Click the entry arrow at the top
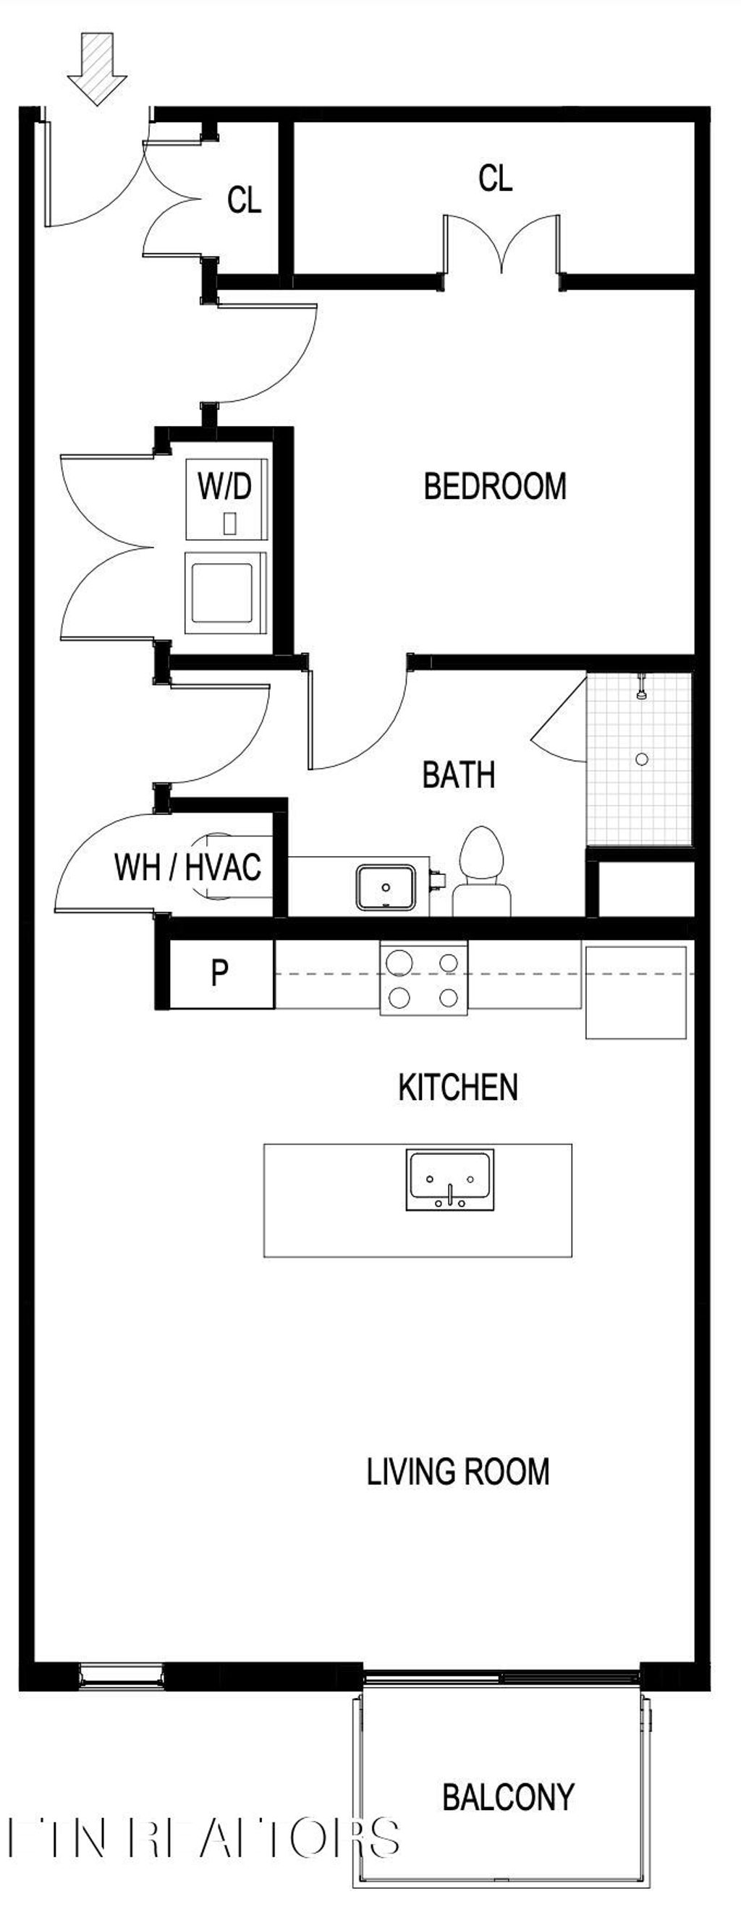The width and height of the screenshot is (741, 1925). tap(96, 68)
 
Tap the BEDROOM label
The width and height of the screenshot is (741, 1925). tap(494, 487)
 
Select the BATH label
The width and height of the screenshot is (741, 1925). tap(458, 775)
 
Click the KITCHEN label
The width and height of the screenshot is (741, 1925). tap(457, 1088)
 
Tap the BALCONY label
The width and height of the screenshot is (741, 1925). tap(508, 1797)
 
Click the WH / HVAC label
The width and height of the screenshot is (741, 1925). tap(187, 868)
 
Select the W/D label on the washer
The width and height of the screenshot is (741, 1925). tap(224, 487)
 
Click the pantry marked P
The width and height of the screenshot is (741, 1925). tap(220, 973)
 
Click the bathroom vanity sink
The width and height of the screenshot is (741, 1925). tap(385, 887)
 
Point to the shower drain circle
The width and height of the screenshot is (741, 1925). tap(642, 759)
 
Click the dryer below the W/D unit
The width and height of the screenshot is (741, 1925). tap(224, 592)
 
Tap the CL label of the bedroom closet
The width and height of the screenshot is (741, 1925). tap(495, 179)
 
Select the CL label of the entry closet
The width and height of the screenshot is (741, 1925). tap(244, 200)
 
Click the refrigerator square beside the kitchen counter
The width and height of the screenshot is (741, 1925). tap(635, 992)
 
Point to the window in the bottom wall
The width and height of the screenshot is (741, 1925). tap(121, 1676)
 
